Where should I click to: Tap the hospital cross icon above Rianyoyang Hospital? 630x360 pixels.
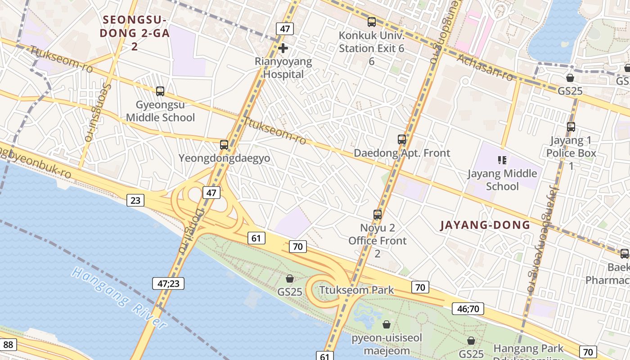tap(283, 48)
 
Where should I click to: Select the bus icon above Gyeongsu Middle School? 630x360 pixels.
tap(160, 91)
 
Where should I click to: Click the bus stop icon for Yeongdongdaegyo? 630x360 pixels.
tap(224, 145)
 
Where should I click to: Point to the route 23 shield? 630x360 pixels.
tap(135, 200)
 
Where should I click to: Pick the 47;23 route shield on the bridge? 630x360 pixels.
tap(168, 283)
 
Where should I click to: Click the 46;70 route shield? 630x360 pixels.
tap(468, 308)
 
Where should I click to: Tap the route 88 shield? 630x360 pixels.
tap(9, 345)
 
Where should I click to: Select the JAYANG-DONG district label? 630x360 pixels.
tap(485, 225)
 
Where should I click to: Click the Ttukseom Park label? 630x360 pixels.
tap(356, 290)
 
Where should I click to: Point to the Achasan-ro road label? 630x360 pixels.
tap(485, 67)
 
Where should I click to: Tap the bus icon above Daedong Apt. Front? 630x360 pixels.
tap(402, 139)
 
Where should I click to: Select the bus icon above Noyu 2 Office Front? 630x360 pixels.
tap(378, 215)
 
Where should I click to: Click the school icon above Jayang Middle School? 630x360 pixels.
tap(502, 160)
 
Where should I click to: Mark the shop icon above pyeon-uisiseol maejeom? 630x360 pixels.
tap(387, 324)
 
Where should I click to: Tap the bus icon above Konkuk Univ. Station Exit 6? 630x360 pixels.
tap(371, 22)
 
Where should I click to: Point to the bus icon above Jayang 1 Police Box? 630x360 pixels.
tap(571, 127)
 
